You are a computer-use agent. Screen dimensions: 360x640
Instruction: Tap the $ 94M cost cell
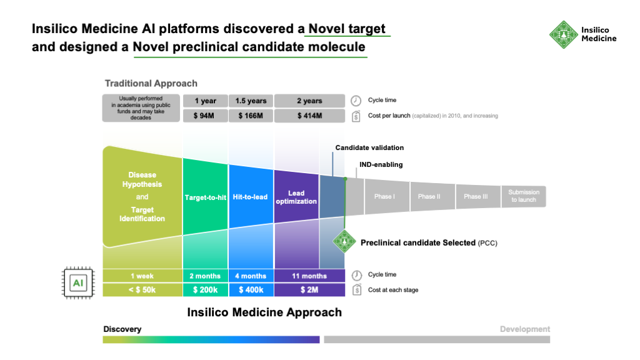205,115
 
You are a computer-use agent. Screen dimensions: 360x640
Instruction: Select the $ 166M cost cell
251,115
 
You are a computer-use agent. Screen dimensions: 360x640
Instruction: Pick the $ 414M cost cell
309,115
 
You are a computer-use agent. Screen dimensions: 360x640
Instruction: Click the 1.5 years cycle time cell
251,101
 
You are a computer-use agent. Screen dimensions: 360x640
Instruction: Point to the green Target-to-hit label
205,197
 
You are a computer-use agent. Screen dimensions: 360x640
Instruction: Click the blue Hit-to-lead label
251,197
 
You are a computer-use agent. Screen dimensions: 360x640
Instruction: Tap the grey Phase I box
384,196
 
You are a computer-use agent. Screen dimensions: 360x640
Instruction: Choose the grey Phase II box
429,196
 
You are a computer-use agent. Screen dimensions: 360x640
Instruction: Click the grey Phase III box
476,196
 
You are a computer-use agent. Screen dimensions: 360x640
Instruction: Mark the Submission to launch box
523,196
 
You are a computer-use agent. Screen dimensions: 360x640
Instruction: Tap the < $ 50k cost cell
142,290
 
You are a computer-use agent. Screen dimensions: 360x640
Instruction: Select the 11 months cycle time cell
309,276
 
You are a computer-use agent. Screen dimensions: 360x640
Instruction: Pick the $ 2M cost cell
309,290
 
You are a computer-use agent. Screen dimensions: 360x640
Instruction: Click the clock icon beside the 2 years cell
356,101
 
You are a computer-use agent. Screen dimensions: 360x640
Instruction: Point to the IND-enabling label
381,164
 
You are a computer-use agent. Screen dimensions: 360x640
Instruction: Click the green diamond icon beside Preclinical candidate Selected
344,242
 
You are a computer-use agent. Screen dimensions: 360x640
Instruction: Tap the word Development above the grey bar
524,329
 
